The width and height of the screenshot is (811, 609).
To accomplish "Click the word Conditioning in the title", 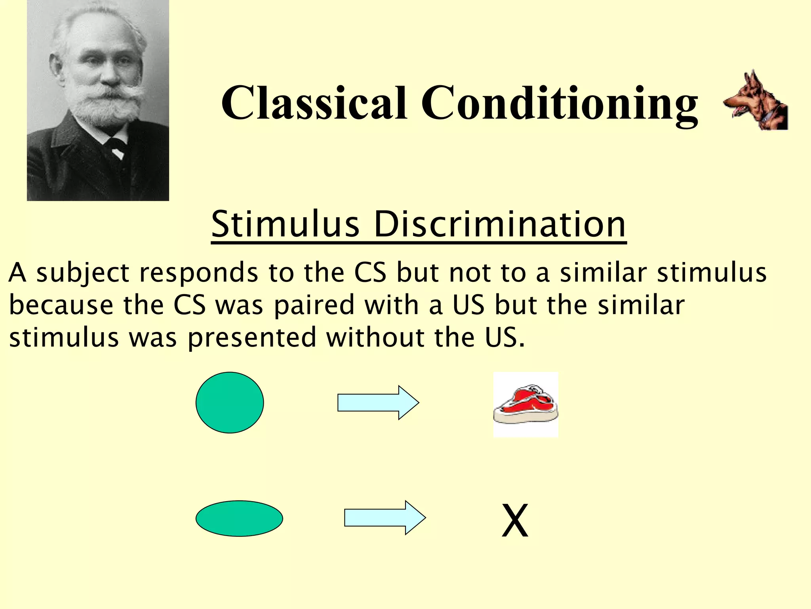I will [x=559, y=104].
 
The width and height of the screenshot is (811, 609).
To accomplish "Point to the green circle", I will [x=230, y=402].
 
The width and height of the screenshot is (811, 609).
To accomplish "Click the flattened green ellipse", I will [x=239, y=518].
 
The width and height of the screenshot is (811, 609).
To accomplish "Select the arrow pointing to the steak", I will [x=378, y=402].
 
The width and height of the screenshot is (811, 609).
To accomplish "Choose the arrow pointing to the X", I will [x=385, y=517].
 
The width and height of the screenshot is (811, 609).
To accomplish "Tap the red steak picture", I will [x=526, y=404].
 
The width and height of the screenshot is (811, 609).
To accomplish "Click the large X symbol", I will [x=515, y=520].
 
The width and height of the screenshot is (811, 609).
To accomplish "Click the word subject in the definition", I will [x=83, y=274].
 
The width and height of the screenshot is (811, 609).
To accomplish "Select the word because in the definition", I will [x=61, y=305].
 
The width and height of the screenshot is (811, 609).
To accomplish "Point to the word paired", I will [x=314, y=306].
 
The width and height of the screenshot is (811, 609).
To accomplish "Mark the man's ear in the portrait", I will [x=55, y=67].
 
